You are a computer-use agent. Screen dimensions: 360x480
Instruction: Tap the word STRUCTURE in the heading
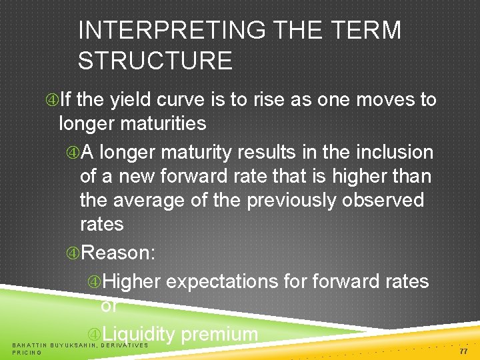tap(155, 61)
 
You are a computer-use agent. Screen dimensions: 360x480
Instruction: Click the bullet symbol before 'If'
tap(52, 101)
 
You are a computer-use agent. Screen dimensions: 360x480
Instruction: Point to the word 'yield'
tap(129, 101)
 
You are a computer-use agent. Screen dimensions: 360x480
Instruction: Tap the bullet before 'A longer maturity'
tap(73, 153)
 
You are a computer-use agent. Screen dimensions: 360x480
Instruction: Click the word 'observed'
tap(383, 201)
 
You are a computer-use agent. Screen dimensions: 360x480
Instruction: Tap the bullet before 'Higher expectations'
tap(94, 282)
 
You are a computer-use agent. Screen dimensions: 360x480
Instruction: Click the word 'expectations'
tap(223, 282)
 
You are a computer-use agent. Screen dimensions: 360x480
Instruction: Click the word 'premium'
tap(219, 334)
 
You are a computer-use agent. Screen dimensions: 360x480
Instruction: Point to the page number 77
tap(463, 349)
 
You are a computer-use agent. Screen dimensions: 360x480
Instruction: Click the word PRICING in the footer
tap(27, 353)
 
